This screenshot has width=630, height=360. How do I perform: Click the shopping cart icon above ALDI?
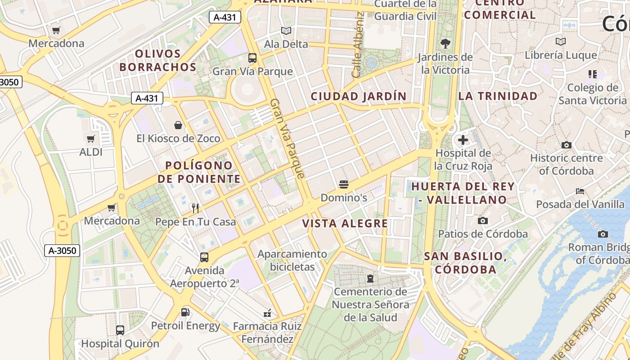90,139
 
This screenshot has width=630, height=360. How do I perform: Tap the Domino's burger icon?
344,184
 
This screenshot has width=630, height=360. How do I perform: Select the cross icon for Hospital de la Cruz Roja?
463,140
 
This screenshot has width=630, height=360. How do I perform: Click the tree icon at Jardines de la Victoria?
445,44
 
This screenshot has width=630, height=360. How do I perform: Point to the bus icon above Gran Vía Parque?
252,58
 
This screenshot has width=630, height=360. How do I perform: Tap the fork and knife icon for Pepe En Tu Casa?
195,208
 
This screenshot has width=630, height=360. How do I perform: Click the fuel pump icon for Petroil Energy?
185,312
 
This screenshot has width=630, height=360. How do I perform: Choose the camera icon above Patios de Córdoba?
483,220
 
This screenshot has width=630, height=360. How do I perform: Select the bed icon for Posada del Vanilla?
580,191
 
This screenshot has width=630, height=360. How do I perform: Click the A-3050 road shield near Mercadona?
62,251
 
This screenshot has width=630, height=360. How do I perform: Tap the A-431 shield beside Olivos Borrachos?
147,98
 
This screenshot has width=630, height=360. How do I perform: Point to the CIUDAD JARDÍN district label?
359,96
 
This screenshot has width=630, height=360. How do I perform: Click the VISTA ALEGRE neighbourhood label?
345,224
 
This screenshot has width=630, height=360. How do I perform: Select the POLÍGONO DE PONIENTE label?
199,172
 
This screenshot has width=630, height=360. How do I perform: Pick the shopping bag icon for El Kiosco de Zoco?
179,125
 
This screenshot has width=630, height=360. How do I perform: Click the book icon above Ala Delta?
286,31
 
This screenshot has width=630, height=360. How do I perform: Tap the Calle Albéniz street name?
358,45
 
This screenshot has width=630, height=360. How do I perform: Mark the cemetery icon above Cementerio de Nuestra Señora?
370,279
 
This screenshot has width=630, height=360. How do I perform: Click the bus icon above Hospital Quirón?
120,330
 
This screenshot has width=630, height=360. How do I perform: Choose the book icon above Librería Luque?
561,42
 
